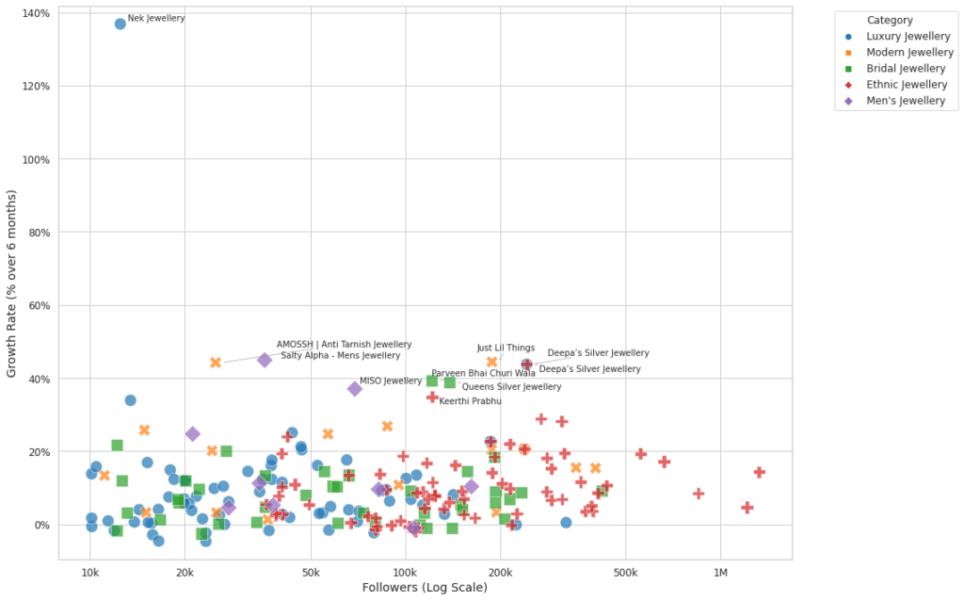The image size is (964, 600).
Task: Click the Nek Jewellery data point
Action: pos(120,24)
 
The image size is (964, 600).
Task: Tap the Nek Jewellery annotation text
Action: pos(156,18)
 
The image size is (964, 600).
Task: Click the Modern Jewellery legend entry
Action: pos(909,52)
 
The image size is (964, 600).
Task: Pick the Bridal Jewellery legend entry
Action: pos(906,68)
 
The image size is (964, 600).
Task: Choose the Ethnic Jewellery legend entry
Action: pos(907,85)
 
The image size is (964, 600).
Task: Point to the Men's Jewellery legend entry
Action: pos(906,101)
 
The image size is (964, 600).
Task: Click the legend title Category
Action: pos(890,20)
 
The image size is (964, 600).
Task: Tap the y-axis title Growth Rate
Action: pos(12,283)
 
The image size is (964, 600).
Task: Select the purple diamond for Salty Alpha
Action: pos(265,360)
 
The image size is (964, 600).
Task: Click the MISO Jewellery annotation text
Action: pos(391,381)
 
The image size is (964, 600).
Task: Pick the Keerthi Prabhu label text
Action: pos(470,401)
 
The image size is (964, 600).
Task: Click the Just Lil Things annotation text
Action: pos(506,348)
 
